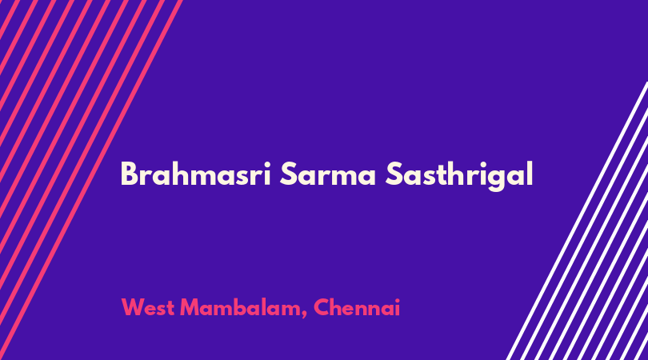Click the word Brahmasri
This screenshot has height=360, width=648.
click(x=195, y=174)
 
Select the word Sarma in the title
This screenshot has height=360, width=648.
click(x=328, y=174)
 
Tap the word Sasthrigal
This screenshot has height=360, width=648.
click(x=459, y=175)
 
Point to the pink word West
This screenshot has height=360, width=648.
click(x=147, y=307)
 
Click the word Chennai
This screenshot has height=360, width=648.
click(x=357, y=307)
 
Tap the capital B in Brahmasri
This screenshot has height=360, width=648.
click(x=129, y=174)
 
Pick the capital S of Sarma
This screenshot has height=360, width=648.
click(x=290, y=174)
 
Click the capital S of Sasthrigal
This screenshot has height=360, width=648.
click(x=395, y=174)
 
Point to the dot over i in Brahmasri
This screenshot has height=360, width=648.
click(x=266, y=164)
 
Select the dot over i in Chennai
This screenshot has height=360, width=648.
click(x=396, y=300)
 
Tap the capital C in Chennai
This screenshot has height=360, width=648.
click(x=322, y=307)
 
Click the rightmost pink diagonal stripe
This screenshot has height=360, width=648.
click(x=91, y=180)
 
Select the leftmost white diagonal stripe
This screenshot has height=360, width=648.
click(x=578, y=221)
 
